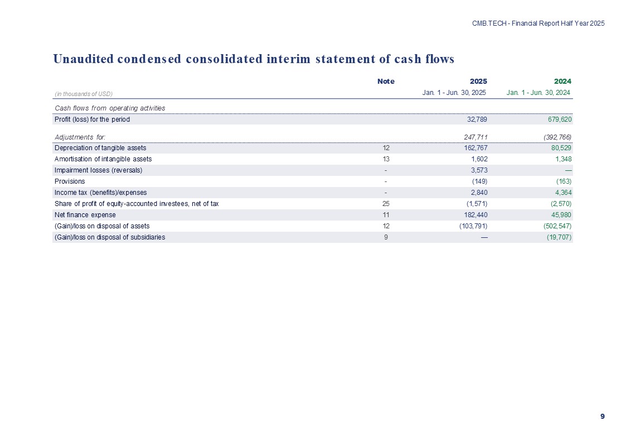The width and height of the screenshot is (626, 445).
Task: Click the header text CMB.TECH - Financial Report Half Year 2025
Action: point(538,23)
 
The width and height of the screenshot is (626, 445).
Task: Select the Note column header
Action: point(386,81)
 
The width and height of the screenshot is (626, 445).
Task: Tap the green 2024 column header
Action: point(562,81)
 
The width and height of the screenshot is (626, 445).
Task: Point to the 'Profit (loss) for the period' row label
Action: point(92,119)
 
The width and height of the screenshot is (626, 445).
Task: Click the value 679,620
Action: point(559,119)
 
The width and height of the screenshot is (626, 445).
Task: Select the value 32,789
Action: point(477,119)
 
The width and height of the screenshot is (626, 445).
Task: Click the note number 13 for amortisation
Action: point(386,159)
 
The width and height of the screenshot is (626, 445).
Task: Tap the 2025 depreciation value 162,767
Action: point(475,148)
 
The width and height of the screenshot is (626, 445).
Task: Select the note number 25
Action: point(386,204)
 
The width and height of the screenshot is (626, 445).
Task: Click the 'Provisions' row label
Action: point(70,181)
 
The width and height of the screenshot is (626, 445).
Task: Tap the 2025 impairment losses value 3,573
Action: point(479,170)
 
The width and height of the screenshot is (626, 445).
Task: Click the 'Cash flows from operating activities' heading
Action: point(109,108)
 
